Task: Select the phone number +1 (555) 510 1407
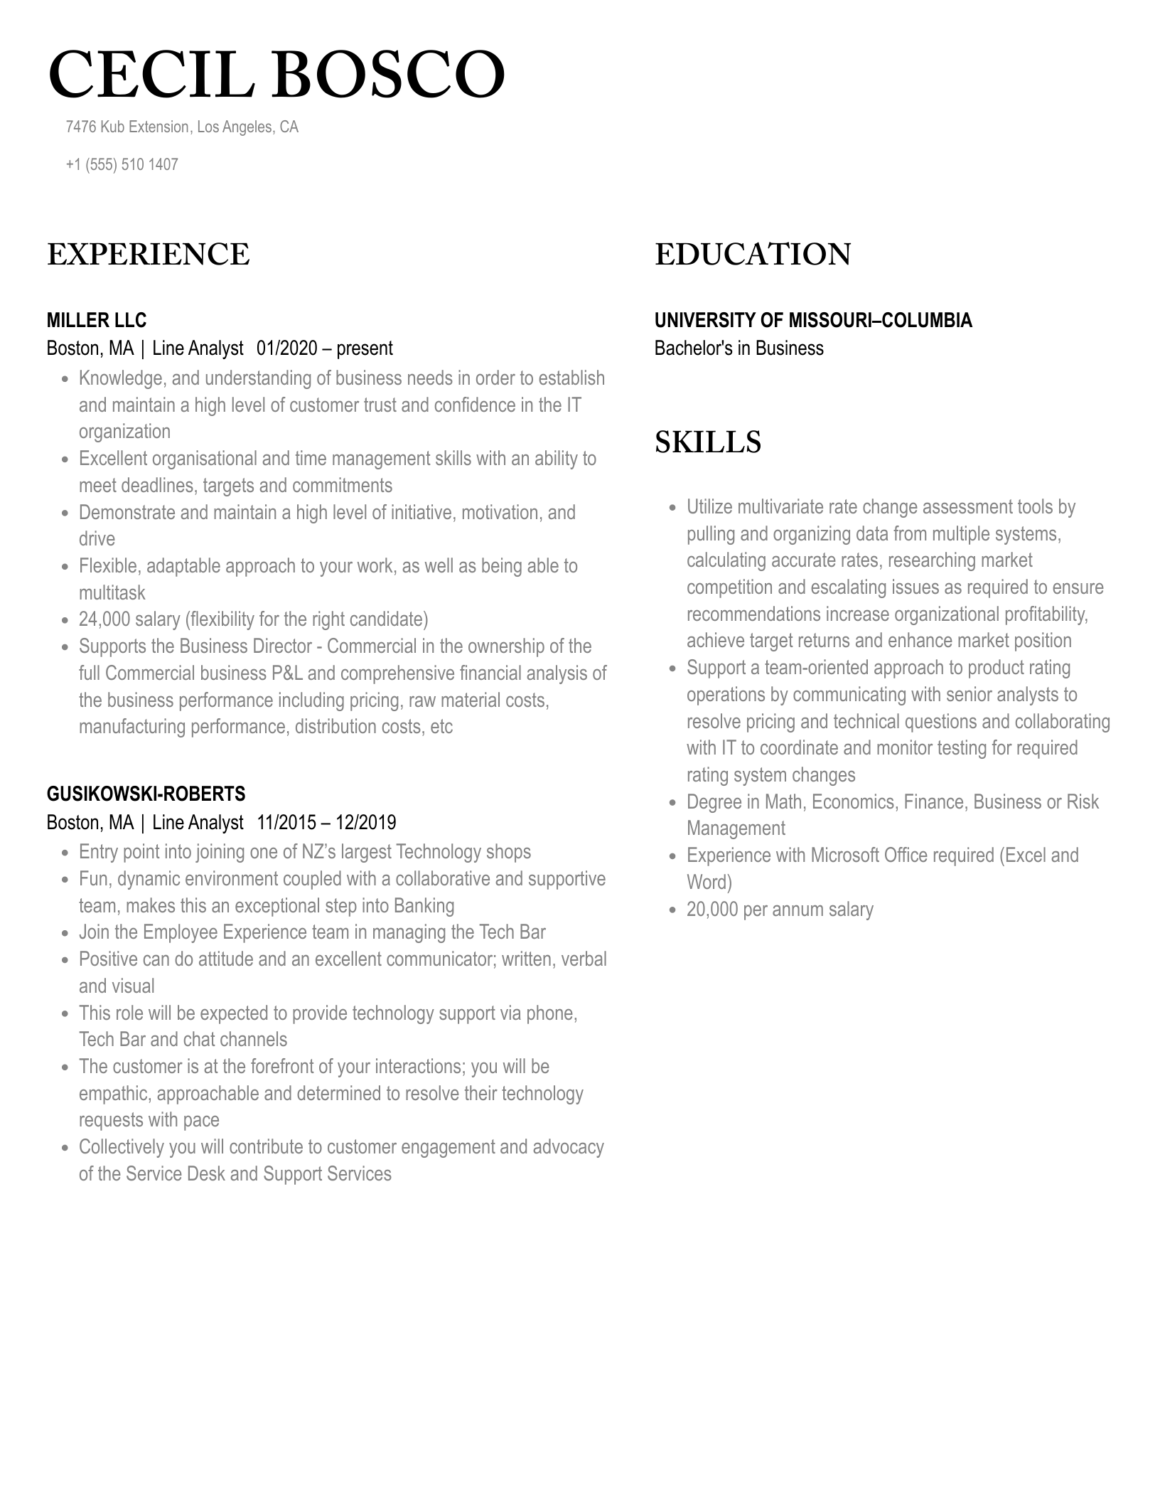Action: pos(122,164)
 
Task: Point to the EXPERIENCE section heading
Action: pos(149,255)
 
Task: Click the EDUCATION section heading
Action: pos(753,255)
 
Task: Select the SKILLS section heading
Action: pos(708,442)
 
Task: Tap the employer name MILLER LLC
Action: pos(97,320)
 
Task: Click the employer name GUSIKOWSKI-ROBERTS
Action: pos(146,794)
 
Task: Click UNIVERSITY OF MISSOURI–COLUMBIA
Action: pos(813,320)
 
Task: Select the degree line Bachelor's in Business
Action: pos(739,348)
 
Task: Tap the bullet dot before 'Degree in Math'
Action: pos(672,803)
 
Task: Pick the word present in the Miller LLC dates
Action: pos(364,348)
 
